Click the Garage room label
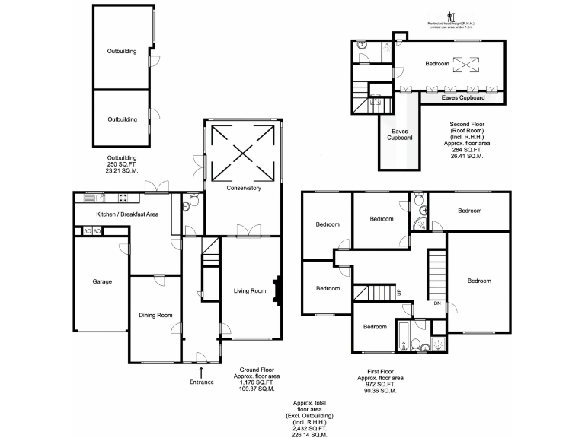102,281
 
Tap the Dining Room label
155,315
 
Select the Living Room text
249,290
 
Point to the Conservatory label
244,188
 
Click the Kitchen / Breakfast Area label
126,215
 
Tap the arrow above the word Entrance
201,371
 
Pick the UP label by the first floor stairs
398,292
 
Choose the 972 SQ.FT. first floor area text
381,384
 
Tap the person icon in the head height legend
449,15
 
